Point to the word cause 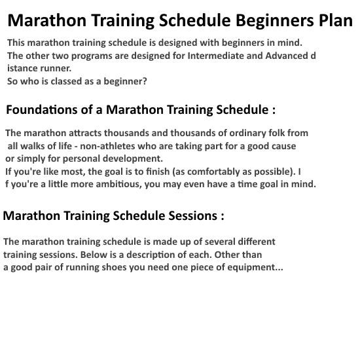pyautogui.click(x=282, y=146)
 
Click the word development pyautogui.click(x=133, y=159)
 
